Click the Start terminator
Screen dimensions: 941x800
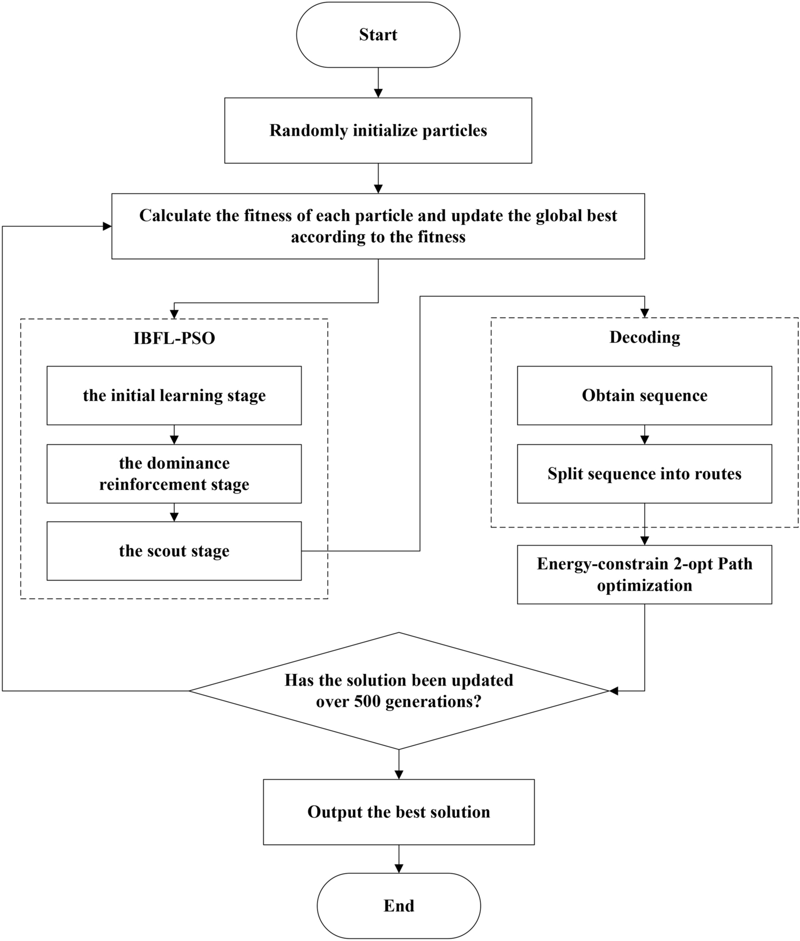378,35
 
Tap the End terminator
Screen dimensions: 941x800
399,905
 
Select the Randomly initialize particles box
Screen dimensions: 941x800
378,130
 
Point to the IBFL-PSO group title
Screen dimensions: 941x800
174,338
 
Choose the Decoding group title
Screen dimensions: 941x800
645,337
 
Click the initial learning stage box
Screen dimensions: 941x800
174,395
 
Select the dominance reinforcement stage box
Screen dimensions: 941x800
174,474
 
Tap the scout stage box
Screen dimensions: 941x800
174,551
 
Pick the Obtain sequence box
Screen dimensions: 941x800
644,395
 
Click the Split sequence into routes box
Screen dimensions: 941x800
644,474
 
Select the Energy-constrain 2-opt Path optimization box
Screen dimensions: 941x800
644,575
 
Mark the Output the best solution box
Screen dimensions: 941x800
399,811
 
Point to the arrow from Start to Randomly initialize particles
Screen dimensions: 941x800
378,83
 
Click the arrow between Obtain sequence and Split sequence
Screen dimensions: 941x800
644,435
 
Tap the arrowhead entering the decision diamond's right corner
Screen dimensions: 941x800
614,691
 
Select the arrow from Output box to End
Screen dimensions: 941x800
399,859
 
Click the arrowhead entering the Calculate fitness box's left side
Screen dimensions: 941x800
107,226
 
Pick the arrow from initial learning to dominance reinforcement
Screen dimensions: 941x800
174,435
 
